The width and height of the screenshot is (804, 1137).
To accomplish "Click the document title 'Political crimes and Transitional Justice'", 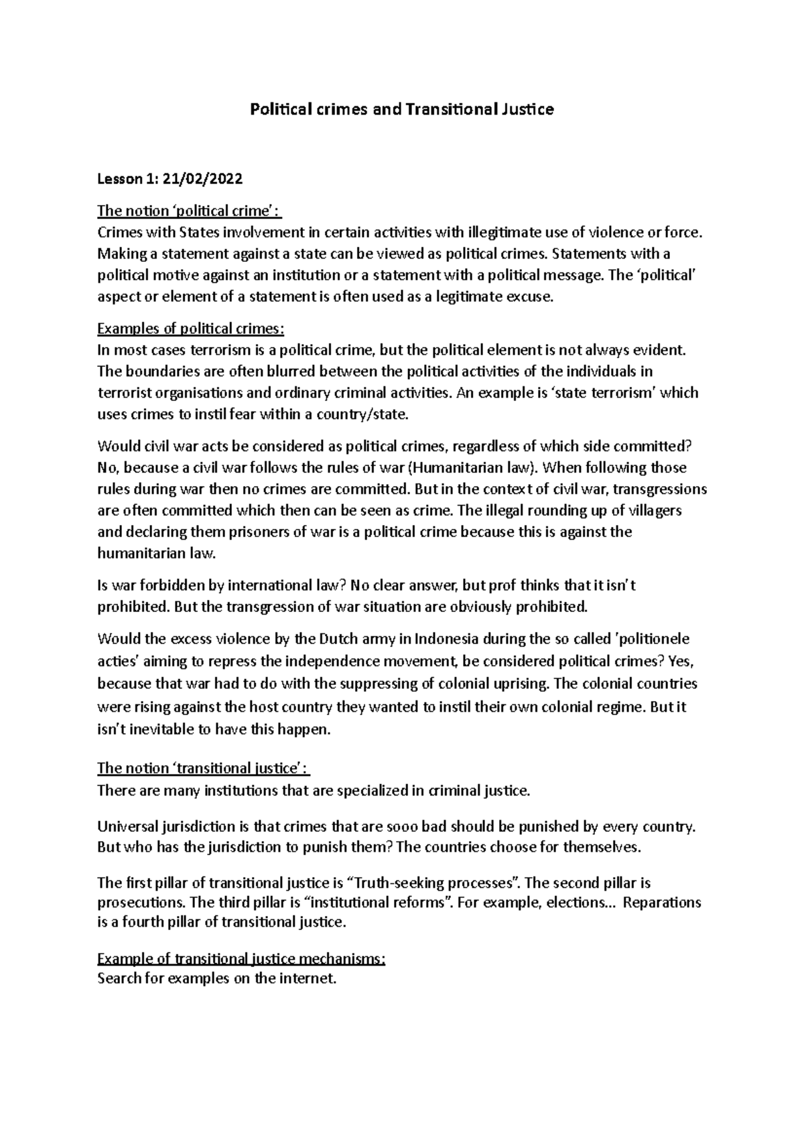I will (x=401, y=109).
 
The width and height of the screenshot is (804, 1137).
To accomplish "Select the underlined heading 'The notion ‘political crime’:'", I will (x=189, y=211).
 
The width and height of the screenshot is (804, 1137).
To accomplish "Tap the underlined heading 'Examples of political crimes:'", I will (x=191, y=329).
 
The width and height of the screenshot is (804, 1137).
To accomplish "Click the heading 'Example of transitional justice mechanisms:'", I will (x=241, y=960).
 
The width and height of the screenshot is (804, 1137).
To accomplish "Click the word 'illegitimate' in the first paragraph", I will (x=492, y=232).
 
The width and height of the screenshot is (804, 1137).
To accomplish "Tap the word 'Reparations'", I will (x=662, y=902).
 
